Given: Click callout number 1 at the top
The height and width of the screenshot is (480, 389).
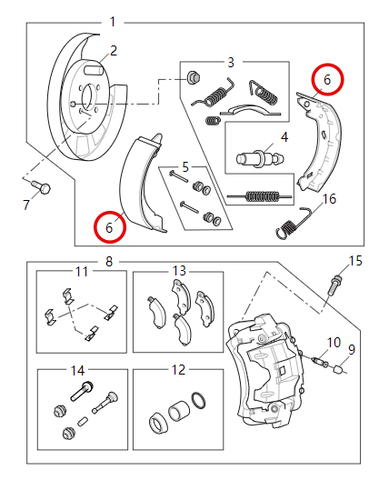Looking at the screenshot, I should pyautogui.click(x=113, y=21).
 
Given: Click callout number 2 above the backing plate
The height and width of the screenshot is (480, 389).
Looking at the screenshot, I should pyautogui.click(x=114, y=51).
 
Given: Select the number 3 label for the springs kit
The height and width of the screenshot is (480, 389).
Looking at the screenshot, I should pyautogui.click(x=231, y=62).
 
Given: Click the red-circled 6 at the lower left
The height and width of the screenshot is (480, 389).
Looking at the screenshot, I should pyautogui.click(x=109, y=227).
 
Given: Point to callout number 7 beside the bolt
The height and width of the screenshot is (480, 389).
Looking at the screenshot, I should pyautogui.click(x=26, y=205).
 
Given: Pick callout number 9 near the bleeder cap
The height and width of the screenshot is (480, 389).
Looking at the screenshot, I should pyautogui.click(x=352, y=348).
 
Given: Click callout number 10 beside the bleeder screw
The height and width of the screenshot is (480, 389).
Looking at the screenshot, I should pyautogui.click(x=334, y=342).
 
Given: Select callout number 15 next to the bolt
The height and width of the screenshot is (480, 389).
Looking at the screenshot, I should pyautogui.click(x=355, y=261).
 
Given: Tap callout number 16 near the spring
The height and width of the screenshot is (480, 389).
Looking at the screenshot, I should pyautogui.click(x=329, y=199).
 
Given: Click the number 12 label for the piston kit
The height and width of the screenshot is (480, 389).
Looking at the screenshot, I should pyautogui.click(x=178, y=370).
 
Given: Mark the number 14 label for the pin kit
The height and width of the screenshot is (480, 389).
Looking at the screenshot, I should pyautogui.click(x=76, y=370).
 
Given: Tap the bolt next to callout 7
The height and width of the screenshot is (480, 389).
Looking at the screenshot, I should pyautogui.click(x=42, y=187).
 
